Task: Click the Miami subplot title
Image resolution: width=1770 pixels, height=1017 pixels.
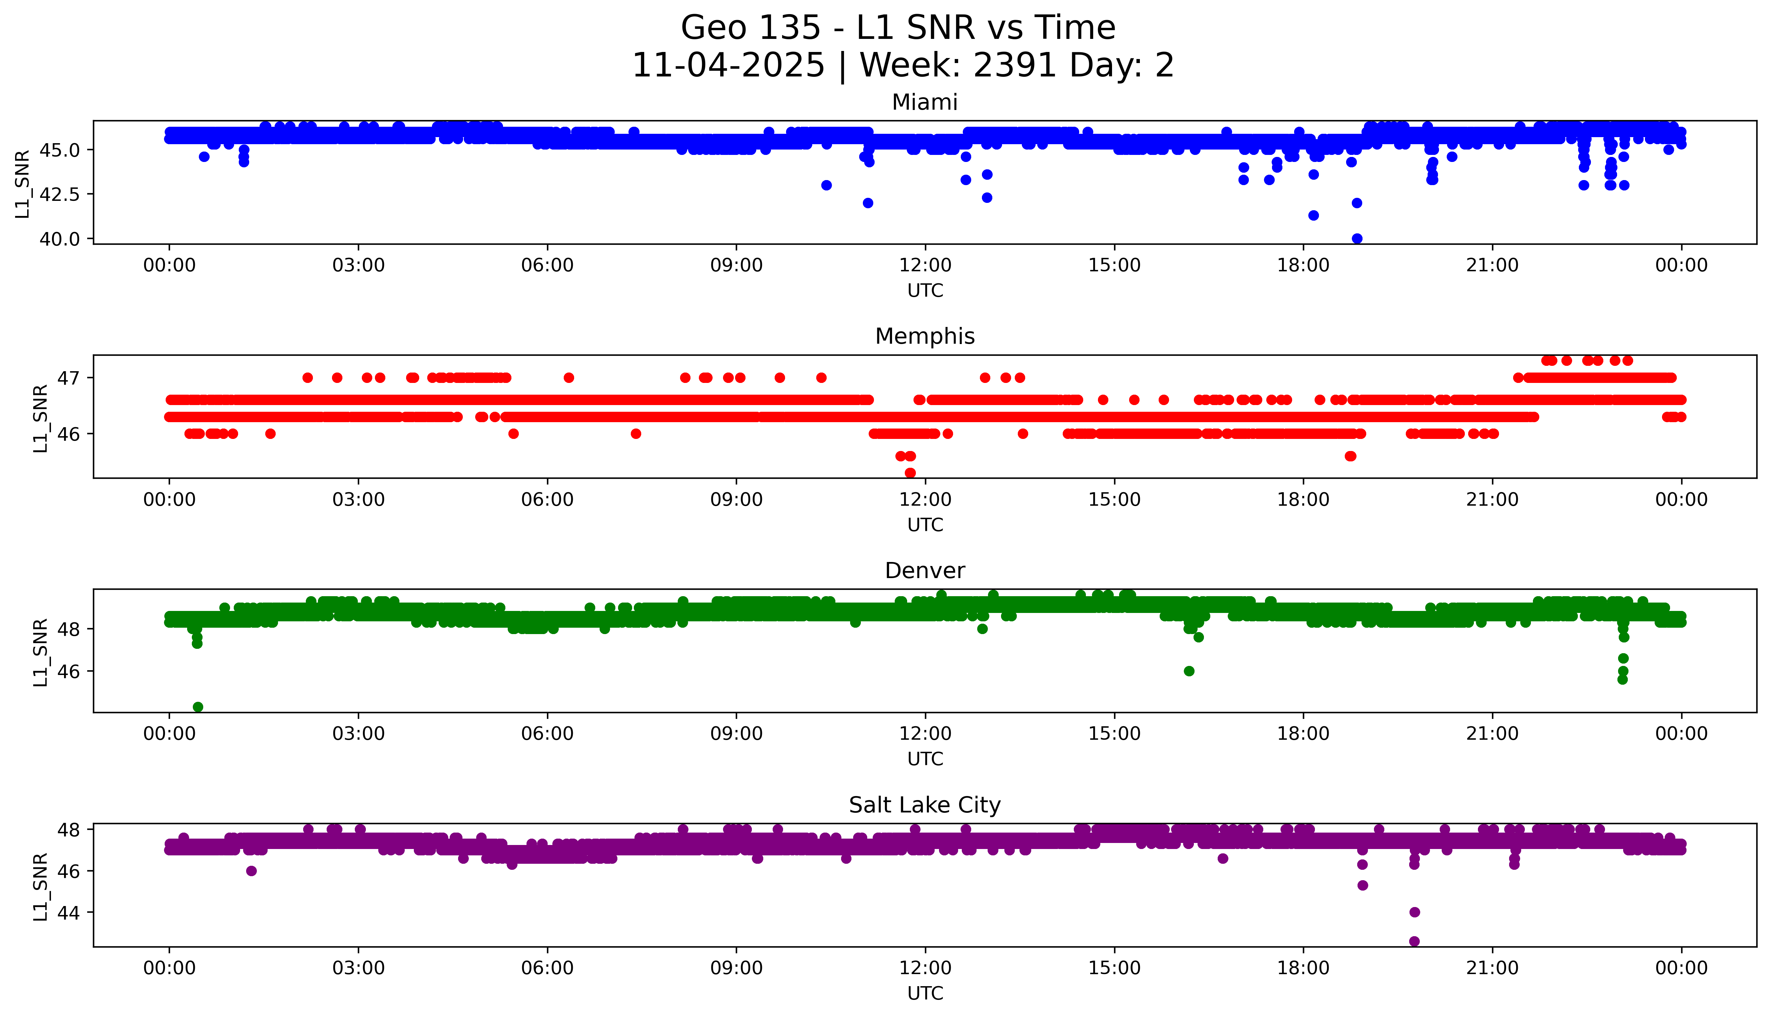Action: pos(924,103)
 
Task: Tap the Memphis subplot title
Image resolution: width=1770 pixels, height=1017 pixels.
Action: pos(924,337)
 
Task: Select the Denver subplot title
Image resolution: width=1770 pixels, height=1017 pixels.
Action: pos(924,571)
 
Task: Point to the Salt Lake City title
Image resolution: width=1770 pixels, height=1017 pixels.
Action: pos(924,805)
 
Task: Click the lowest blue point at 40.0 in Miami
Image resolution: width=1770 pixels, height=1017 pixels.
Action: pos(1357,238)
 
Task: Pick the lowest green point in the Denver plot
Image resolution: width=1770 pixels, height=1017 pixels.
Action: pos(198,707)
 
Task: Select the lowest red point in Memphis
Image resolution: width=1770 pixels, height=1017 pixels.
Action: pos(910,473)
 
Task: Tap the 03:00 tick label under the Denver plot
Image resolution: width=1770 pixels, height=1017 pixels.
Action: pos(358,733)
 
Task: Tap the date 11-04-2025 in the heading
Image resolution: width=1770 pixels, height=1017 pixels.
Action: pos(728,66)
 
